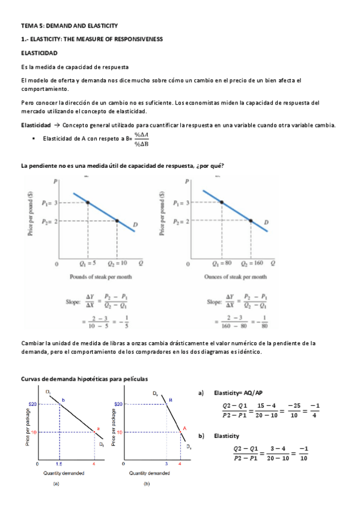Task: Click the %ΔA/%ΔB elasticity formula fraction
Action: click(x=141, y=140)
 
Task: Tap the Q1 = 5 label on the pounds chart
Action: click(x=88, y=263)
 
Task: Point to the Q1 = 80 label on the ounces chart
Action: click(x=222, y=263)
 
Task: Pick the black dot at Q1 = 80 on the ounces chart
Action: click(x=222, y=203)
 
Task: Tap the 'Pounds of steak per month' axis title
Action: click(x=100, y=277)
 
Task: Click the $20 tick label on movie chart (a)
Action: click(x=34, y=405)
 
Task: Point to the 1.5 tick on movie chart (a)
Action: click(x=59, y=464)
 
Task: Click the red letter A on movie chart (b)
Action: click(x=185, y=428)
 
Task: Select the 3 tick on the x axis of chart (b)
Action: click(x=166, y=464)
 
